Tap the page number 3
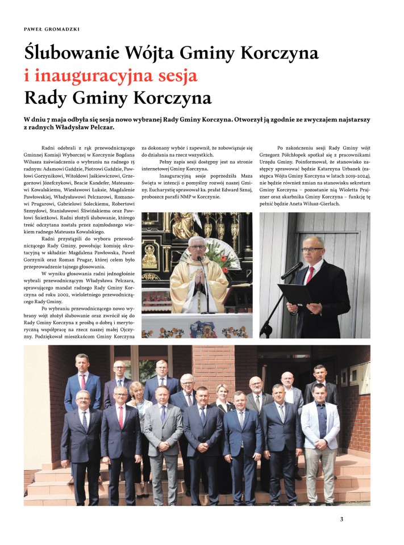341,518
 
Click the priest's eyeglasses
197,247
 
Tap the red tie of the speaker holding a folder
310,275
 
